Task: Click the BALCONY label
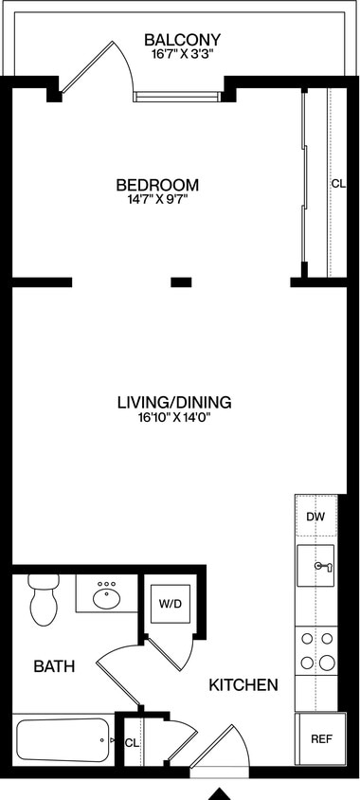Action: coord(182,40)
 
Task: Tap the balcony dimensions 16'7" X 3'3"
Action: coord(182,55)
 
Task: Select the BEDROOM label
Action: coord(157,185)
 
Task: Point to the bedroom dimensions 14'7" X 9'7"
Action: coord(157,200)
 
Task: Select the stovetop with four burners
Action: coord(317,650)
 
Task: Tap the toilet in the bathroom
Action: coord(42,599)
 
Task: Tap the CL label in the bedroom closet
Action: coord(338,185)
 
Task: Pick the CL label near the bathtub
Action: coord(132,743)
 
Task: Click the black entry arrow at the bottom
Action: coord(220,793)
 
